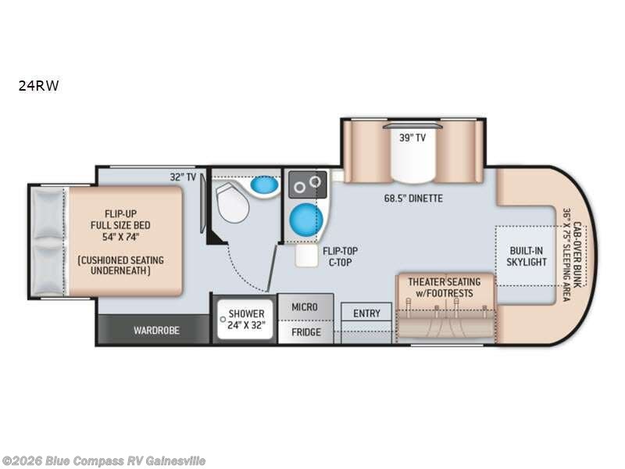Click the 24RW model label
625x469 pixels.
pos(39,86)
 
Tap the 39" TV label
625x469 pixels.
pos(413,138)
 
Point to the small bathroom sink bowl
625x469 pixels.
pos(264,185)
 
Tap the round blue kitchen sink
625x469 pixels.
pos(305,220)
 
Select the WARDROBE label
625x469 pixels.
pos(155,330)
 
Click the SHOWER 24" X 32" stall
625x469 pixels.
pos(246,319)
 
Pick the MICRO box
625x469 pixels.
pos(305,306)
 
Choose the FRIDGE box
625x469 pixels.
pos(305,331)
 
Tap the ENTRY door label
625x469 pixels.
pos(366,313)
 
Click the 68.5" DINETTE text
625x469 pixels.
pos(414,199)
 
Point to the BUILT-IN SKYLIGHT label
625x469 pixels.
pos(526,256)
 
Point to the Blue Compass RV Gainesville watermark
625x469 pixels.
pos(104,460)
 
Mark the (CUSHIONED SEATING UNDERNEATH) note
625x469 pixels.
pos(125,264)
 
